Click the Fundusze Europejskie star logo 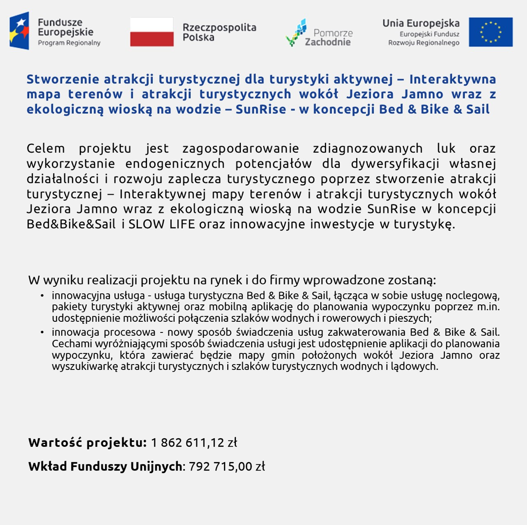click(19, 31)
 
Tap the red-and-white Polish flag click(151, 32)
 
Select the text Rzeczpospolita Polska click(219, 32)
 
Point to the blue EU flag click(491, 32)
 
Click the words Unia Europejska click(420, 23)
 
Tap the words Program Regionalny click(69, 43)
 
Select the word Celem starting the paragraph click(46, 148)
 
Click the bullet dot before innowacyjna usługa click(43, 295)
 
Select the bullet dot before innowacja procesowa click(43, 332)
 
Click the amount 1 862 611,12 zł click(194, 443)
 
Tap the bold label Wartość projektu click(87, 443)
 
